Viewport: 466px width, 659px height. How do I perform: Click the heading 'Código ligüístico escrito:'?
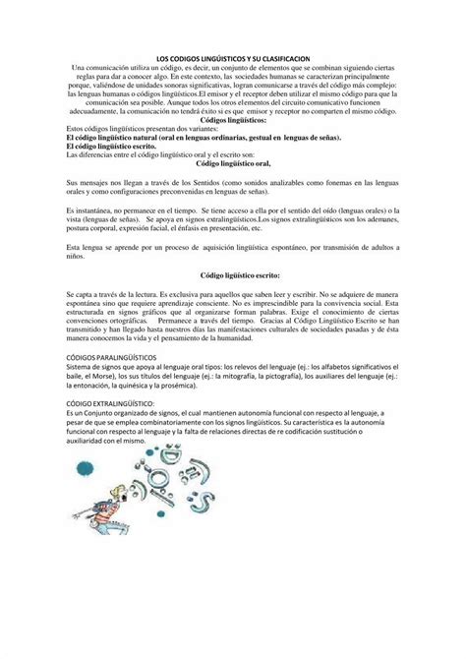[x=233, y=278]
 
